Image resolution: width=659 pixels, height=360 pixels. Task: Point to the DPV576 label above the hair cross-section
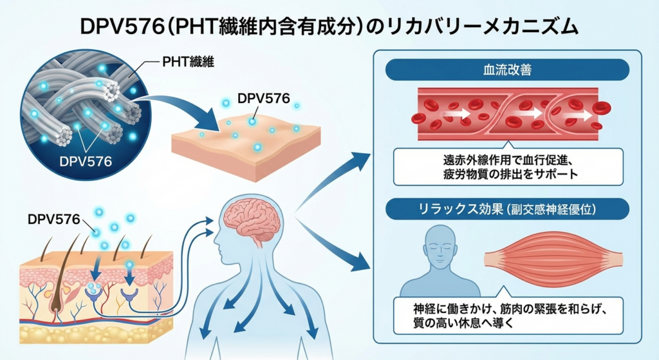[x=54, y=219]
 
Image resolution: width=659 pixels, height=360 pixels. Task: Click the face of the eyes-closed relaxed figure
[x=440, y=245]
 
